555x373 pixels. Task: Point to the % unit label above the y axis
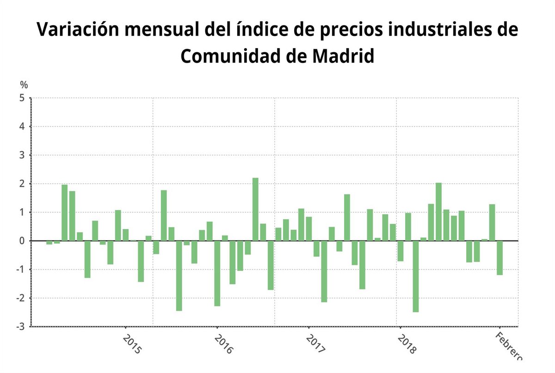pyautogui.click(x=24, y=85)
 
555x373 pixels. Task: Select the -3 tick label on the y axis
pyautogui.click(x=21, y=327)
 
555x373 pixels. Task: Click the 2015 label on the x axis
pyautogui.click(x=132, y=344)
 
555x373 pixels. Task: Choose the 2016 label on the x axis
pyautogui.click(x=223, y=344)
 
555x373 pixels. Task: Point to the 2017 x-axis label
pyautogui.click(x=315, y=344)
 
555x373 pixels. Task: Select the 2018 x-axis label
pyautogui.click(x=407, y=344)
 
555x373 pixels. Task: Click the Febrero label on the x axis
pyautogui.click(x=509, y=345)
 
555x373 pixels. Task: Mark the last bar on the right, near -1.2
pyautogui.click(x=499, y=258)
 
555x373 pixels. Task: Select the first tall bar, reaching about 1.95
pyautogui.click(x=64, y=212)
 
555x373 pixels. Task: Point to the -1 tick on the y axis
pyautogui.click(x=21, y=270)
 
